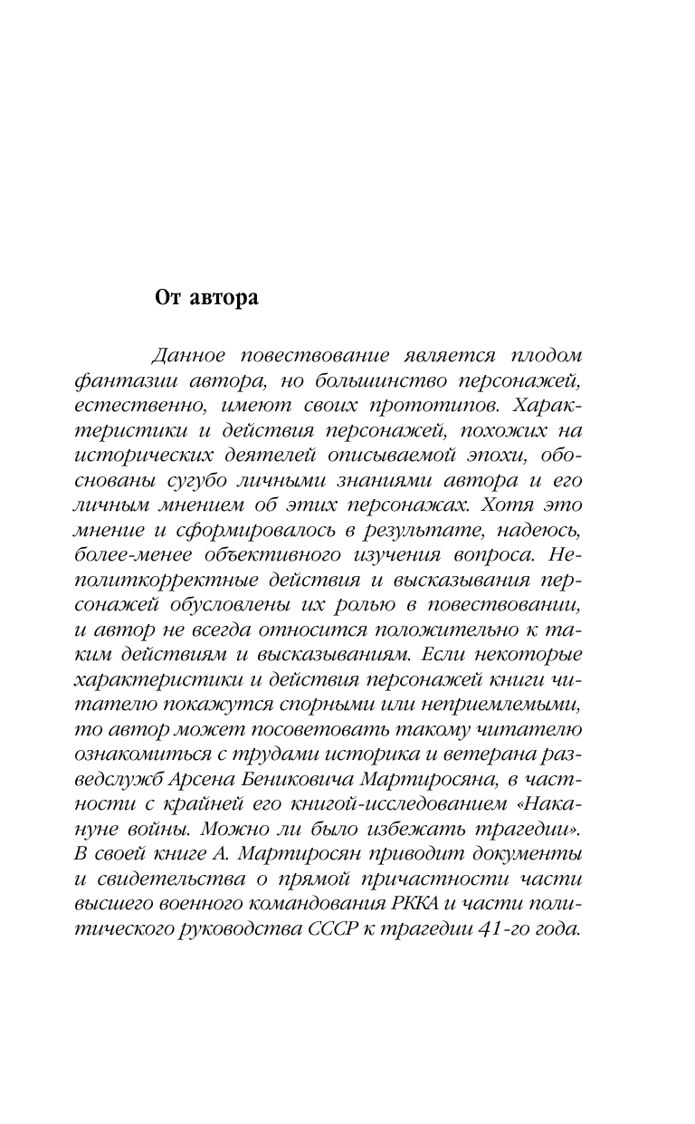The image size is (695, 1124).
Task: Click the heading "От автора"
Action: (x=206, y=299)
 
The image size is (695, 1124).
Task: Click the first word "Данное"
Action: (x=186, y=354)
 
